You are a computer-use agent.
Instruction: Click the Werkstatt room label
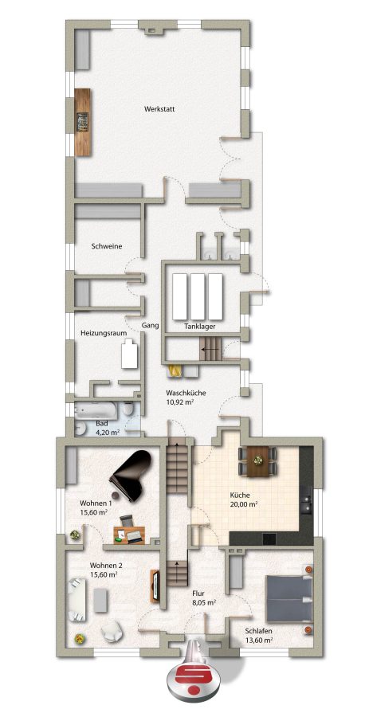coord(159,109)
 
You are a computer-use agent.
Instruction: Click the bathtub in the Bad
coord(97,410)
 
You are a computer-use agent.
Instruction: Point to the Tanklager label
coord(199,327)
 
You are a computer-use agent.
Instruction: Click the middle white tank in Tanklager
coord(198,297)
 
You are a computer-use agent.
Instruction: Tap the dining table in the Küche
coord(258,461)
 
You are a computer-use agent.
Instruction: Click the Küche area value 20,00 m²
coord(243,505)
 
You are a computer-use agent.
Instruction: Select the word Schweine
coord(106,246)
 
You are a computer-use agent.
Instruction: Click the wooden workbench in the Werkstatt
coord(83,122)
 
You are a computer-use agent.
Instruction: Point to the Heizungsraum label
coord(104,333)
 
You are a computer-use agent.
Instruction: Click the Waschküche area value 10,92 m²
coord(179,402)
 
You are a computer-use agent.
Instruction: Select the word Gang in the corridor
coord(150,326)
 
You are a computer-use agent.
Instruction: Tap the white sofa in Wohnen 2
coord(77,599)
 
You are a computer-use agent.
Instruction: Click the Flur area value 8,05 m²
coord(203,602)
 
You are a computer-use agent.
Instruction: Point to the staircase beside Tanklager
coord(210,350)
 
